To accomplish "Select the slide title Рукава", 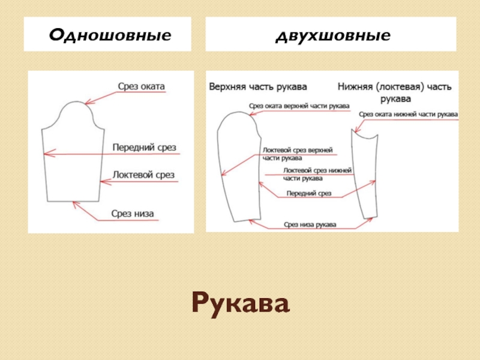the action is coord(241,304).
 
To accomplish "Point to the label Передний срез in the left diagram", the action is coord(145,147).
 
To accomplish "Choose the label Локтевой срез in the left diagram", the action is coord(143,175).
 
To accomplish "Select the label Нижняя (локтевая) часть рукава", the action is coord(394,91).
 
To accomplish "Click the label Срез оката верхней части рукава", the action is coord(299,106).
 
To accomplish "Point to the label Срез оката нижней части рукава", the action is coord(408,113).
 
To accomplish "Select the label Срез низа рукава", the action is coord(310,224).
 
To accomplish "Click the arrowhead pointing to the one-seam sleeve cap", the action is coord(88,103).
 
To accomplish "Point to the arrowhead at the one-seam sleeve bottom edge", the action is coord(75,204).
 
